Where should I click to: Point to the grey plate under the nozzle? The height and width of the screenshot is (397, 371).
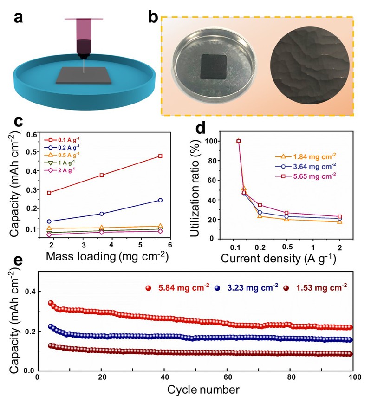point(84,76)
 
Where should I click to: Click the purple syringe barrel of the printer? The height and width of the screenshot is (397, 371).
point(84,31)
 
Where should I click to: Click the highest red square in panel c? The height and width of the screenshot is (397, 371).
point(160,156)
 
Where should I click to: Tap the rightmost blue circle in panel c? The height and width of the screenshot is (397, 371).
point(160,200)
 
